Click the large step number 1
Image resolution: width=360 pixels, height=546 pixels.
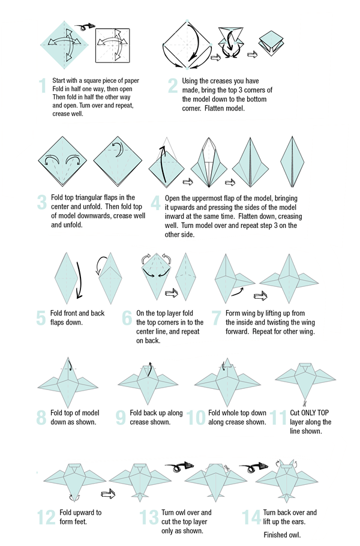click(43, 86)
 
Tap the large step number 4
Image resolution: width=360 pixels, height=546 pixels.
click(155, 203)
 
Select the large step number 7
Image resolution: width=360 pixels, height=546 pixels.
click(216, 318)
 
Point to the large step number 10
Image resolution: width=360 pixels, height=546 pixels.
click(196, 418)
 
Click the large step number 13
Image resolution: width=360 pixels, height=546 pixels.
click(149, 517)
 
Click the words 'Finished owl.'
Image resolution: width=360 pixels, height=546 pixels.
click(282, 535)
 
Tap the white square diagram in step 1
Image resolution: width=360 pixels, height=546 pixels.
click(112, 46)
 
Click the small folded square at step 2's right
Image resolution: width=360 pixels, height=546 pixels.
click(272, 43)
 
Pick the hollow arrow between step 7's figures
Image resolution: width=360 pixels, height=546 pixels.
click(260, 296)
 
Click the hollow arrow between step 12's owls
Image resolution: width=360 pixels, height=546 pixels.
click(108, 493)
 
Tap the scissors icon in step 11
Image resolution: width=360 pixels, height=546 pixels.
click(304, 404)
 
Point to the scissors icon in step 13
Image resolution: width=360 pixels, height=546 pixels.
click(227, 468)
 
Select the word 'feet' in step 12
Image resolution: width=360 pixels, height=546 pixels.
click(80, 521)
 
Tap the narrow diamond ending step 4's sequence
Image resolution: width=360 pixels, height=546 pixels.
click(292, 161)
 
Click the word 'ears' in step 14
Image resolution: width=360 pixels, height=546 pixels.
click(298, 521)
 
